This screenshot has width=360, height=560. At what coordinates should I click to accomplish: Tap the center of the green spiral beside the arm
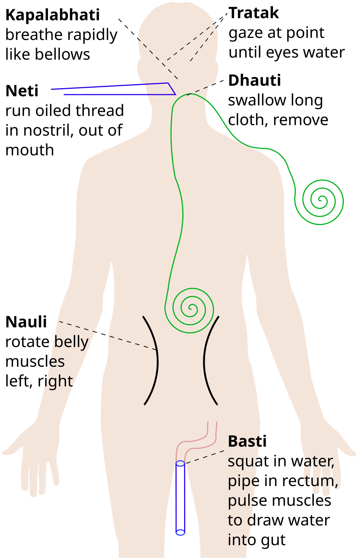click(x=320, y=201)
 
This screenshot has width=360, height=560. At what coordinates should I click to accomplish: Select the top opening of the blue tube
click(x=180, y=464)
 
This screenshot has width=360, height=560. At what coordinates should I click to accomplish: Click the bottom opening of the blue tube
click(x=180, y=532)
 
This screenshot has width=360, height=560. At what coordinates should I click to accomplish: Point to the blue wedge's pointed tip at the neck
click(x=175, y=94)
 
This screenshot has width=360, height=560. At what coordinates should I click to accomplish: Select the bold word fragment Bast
click(x=243, y=442)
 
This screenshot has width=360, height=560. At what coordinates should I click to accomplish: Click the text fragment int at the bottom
click(x=238, y=540)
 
